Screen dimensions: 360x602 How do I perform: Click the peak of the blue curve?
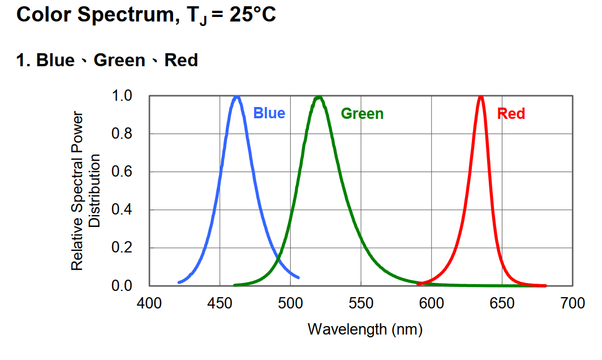click(237, 97)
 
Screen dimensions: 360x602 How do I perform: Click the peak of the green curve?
click(319, 97)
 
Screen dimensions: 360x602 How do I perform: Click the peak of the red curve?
click(481, 96)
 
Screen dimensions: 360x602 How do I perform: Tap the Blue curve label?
click(269, 113)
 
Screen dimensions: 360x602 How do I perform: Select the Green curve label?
click(362, 114)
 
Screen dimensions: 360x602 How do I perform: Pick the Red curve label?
click(511, 114)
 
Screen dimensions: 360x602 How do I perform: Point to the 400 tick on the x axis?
click(149, 303)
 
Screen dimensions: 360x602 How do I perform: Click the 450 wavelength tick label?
click(220, 303)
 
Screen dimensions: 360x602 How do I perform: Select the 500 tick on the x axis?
click(290, 303)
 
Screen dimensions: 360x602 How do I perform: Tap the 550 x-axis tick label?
click(361, 303)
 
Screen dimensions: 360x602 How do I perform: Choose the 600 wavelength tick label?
click(432, 303)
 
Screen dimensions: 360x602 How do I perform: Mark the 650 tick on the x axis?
click(502, 303)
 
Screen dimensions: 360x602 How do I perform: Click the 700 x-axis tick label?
click(573, 303)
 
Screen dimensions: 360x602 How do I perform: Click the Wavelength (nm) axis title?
click(365, 329)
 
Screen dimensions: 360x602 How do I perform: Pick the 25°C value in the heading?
click(253, 15)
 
